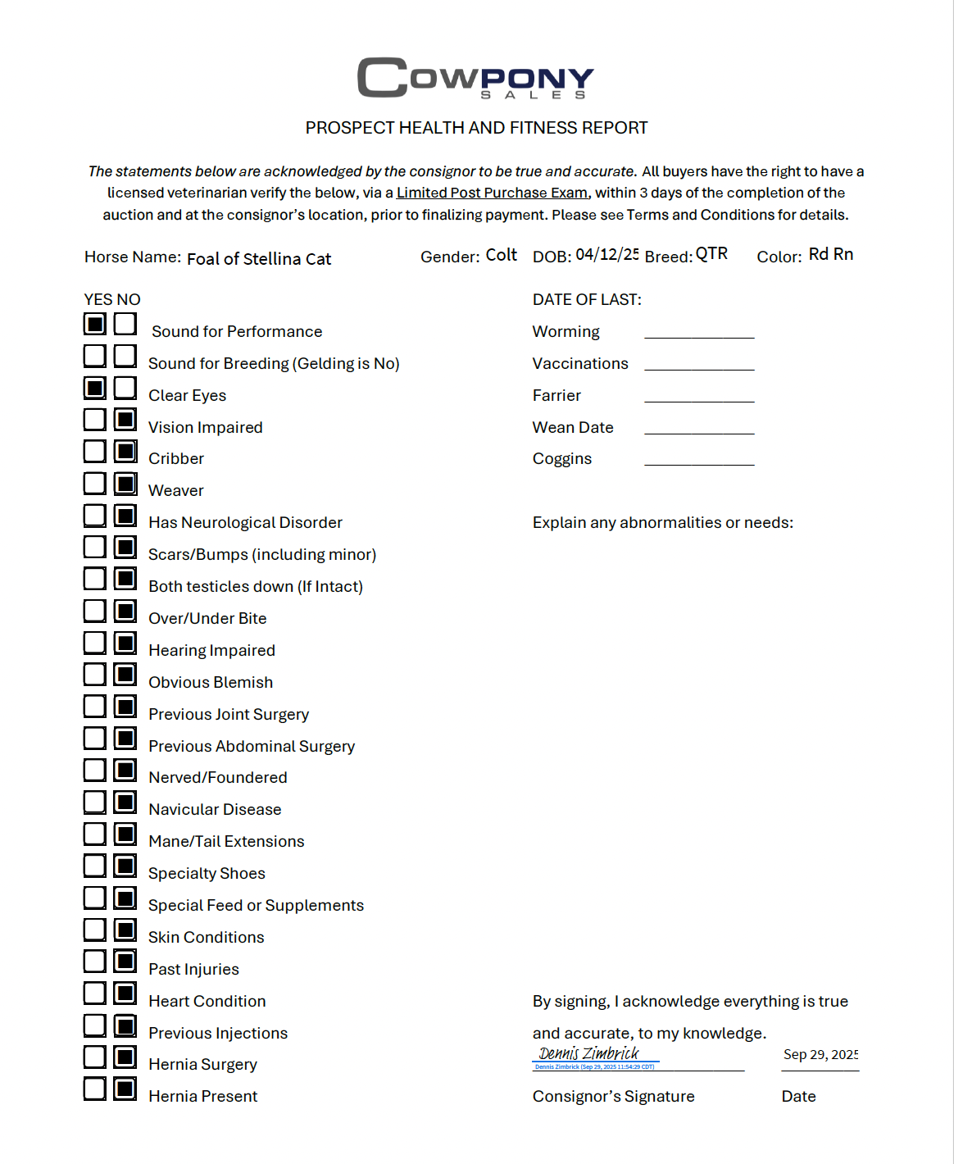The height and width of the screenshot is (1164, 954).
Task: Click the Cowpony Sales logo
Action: point(475,78)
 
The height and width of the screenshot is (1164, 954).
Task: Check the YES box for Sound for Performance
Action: point(95,324)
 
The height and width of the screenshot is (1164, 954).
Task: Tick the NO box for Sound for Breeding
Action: point(125,356)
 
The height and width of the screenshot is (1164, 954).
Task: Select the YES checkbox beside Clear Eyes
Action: point(95,388)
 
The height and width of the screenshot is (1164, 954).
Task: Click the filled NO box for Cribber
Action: point(125,452)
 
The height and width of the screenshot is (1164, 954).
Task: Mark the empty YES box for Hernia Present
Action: point(95,1089)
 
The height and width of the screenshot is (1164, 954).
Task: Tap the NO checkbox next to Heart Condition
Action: point(125,993)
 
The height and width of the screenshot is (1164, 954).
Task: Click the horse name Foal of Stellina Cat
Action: point(259,259)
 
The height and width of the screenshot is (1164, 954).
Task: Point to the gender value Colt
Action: point(501,255)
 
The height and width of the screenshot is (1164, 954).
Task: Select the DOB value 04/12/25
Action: point(606,255)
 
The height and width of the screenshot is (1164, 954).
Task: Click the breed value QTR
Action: point(711,254)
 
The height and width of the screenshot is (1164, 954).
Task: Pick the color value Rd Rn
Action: point(830,254)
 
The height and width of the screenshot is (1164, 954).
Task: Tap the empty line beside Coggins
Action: point(699,461)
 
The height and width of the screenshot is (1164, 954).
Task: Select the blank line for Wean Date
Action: point(699,429)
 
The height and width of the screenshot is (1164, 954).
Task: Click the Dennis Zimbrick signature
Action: point(588,1054)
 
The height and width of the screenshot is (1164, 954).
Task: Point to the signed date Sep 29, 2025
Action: point(820,1055)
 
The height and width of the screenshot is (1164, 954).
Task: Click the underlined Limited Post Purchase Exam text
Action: point(492,193)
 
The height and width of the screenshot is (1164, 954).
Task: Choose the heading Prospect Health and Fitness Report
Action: point(476,128)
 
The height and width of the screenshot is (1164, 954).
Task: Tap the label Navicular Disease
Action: point(215,810)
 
